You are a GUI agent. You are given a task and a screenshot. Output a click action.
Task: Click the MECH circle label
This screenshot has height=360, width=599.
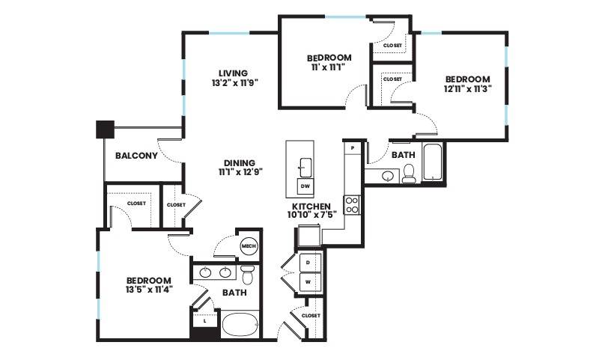[249, 246]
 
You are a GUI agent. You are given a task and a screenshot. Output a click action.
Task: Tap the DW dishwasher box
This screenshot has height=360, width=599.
[305, 186]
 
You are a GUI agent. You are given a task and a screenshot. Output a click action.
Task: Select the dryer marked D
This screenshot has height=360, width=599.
[308, 263]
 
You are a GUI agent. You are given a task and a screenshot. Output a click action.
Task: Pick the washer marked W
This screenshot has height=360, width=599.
[308, 282]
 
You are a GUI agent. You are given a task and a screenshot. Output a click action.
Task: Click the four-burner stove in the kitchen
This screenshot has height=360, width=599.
[351, 204]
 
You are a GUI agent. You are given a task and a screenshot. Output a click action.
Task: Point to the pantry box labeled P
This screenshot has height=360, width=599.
[353, 147]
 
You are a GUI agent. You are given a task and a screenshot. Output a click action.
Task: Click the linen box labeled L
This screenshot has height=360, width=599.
[205, 320]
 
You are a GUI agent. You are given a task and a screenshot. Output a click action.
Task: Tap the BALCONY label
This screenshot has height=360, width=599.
[136, 156]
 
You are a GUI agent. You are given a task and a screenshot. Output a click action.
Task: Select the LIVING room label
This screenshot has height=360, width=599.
[233, 73]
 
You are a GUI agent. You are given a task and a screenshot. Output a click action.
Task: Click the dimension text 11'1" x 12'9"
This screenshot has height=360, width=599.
[240, 172]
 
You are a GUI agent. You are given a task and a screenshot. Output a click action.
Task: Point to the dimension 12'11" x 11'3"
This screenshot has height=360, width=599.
[467, 88]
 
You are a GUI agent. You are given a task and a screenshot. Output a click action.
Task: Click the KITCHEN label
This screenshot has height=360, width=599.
[309, 206]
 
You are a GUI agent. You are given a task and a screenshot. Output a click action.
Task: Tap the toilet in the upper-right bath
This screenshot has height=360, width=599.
[408, 174]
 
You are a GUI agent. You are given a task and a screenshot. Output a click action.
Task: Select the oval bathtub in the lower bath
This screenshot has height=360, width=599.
[240, 326]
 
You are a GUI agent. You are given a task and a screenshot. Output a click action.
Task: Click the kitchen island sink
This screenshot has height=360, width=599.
[305, 168]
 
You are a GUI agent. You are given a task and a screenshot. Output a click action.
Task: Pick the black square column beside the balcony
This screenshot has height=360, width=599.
[105, 129]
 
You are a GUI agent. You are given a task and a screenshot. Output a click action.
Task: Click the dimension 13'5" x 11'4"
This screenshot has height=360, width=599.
[149, 290]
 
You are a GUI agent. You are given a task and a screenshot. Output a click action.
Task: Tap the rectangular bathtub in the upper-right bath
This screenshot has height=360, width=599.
[433, 162]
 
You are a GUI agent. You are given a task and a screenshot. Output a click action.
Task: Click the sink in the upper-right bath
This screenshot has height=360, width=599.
[388, 176]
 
